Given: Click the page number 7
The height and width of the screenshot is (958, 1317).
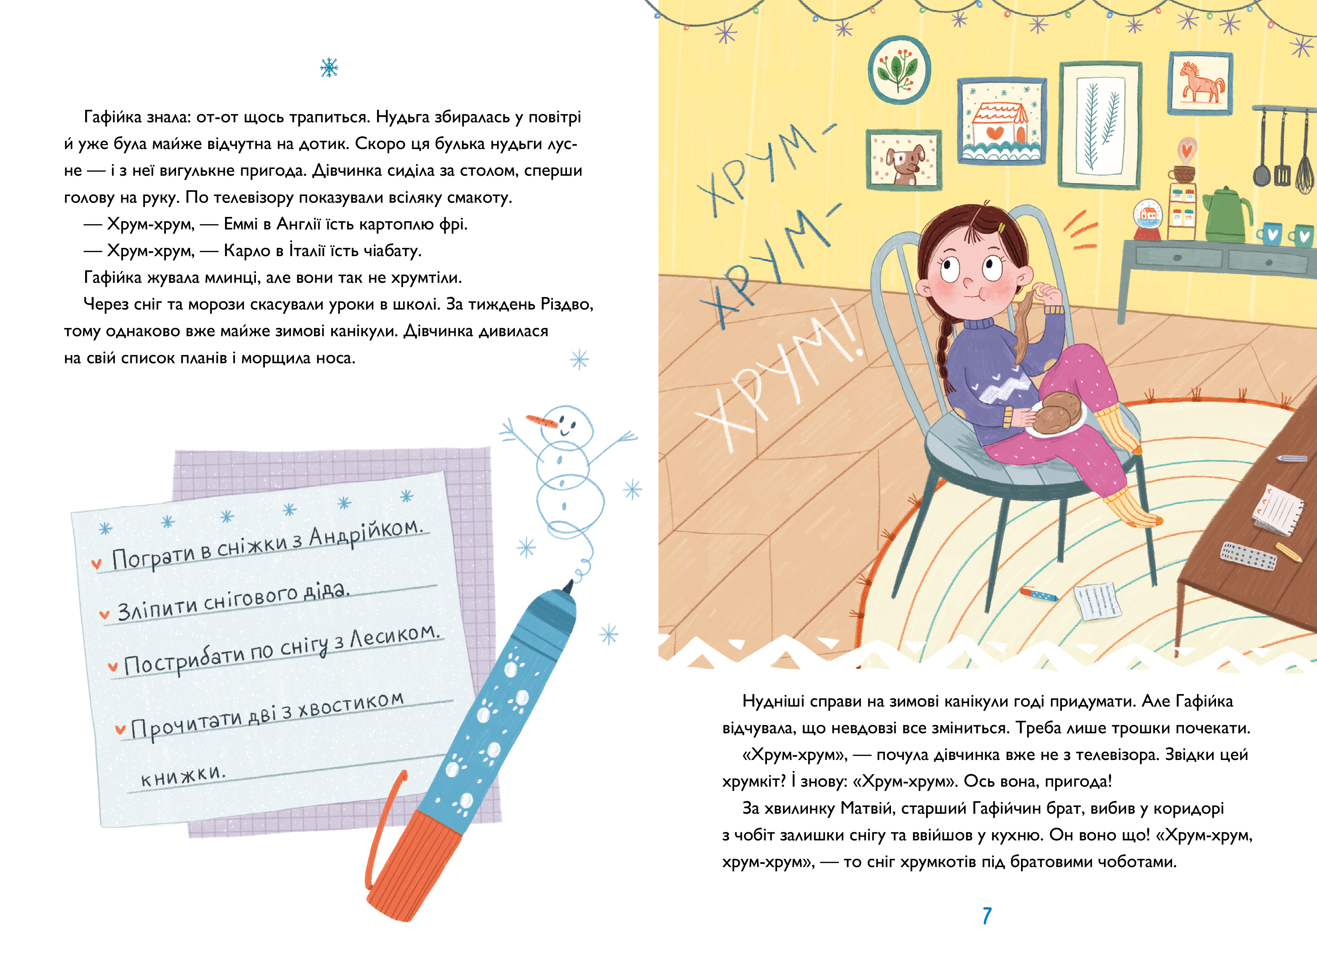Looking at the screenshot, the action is click(987, 916).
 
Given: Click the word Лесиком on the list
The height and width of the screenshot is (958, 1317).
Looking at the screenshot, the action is click(394, 637).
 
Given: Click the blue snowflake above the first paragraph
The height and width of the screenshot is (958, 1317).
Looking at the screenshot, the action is click(329, 68).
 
